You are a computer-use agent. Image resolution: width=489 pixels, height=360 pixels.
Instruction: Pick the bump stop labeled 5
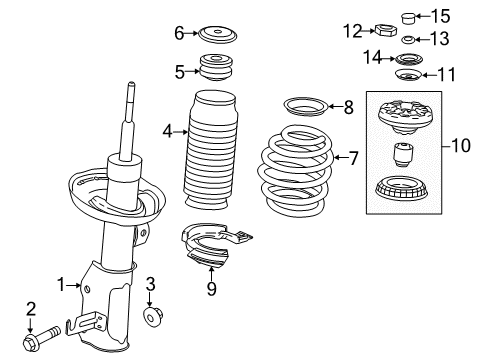click(213, 71)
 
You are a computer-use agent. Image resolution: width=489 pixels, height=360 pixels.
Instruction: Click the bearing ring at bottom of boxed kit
click(408, 190)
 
